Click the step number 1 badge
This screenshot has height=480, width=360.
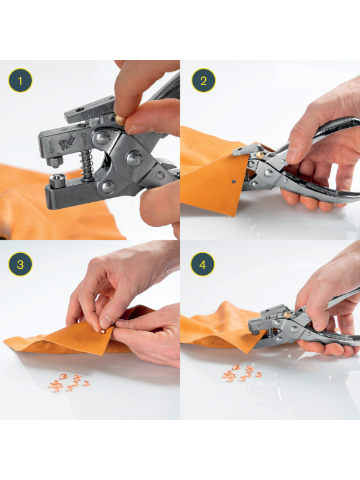click(20, 81)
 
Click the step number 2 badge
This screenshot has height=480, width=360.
click(203, 80)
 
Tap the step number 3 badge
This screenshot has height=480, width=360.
click(20, 264)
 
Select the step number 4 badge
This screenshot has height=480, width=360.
click(203, 264)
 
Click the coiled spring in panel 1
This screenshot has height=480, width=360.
click(86, 166)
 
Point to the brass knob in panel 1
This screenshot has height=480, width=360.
click(119, 121)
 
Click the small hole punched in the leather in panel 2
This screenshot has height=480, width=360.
click(233, 181)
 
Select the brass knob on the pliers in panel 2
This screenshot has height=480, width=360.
click(260, 155)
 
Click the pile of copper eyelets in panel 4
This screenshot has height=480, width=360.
click(242, 373)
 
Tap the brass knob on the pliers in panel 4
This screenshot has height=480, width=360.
click(287, 314)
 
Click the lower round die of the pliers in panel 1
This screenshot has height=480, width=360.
click(57, 181)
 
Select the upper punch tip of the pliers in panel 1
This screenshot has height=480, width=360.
click(55, 162)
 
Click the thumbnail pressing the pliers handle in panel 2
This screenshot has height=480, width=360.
click(292, 155)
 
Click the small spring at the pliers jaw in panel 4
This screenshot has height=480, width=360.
click(271, 332)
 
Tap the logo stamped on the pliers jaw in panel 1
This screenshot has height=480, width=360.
click(67, 143)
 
